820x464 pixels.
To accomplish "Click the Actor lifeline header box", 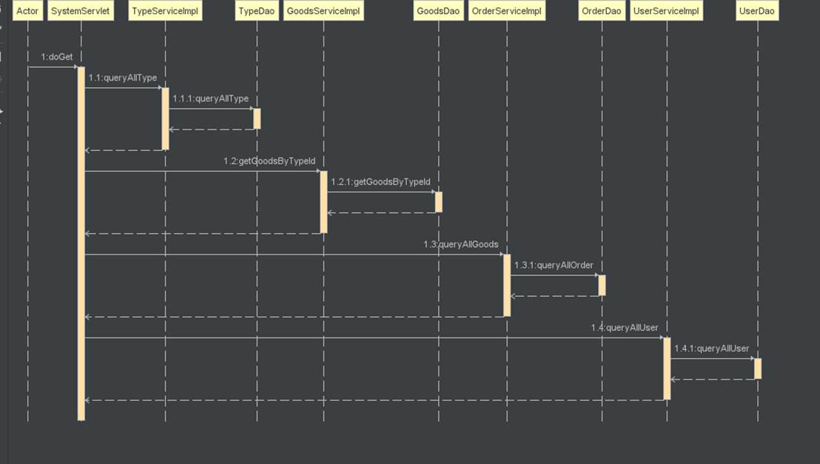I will (27, 11).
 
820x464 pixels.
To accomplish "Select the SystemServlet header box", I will (81, 11).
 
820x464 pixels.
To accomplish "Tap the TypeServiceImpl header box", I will (165, 11).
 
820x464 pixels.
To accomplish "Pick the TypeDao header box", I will (257, 11).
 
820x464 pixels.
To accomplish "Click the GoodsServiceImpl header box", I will (323, 11).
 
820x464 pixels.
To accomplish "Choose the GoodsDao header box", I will (438, 11).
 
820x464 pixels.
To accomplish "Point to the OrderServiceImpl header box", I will (507, 11).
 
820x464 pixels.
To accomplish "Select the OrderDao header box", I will (602, 11).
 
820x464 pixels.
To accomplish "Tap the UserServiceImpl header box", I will (667, 11).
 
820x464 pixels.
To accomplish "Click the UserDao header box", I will (757, 11).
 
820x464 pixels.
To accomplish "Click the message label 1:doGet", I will (57, 57).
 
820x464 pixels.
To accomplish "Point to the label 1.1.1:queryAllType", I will (211, 98).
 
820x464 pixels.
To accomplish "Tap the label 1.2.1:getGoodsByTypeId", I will (380, 181).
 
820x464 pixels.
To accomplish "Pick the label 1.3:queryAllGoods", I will (460, 244).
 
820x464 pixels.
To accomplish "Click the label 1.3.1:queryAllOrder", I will (554, 265).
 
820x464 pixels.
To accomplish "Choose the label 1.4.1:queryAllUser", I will (711, 349).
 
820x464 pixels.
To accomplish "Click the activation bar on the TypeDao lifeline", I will (257, 118).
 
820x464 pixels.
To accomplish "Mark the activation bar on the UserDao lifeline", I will (757, 369).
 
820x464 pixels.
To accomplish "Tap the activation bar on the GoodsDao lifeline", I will (438, 202).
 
